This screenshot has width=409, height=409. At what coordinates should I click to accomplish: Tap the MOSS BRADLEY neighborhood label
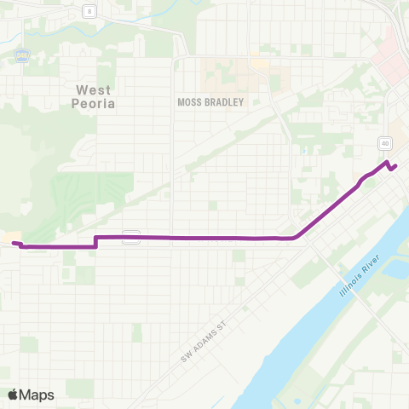(x=210, y=102)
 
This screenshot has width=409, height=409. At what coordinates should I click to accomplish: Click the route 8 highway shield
(x=88, y=10)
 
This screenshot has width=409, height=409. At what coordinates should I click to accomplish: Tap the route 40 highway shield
(x=385, y=143)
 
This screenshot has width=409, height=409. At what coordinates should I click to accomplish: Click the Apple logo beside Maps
(x=14, y=395)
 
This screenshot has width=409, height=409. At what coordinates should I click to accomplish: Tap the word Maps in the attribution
(x=38, y=395)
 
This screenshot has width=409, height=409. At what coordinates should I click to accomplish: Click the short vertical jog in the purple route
(x=95, y=242)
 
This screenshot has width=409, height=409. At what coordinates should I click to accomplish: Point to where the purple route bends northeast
(x=296, y=238)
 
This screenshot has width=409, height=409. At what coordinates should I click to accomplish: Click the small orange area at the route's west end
(x=12, y=237)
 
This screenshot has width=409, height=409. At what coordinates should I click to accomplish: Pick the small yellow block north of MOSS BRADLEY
(x=258, y=64)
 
